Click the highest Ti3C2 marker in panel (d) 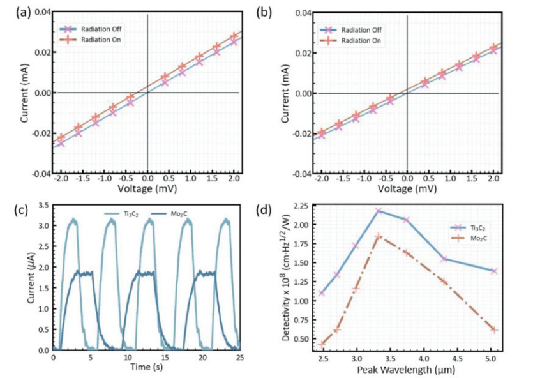coord(379,211)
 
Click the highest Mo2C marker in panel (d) coord(379,236)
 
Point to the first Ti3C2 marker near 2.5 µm coord(322,293)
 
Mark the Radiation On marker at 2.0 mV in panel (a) coord(234,36)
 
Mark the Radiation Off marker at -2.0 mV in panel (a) coord(61,144)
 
